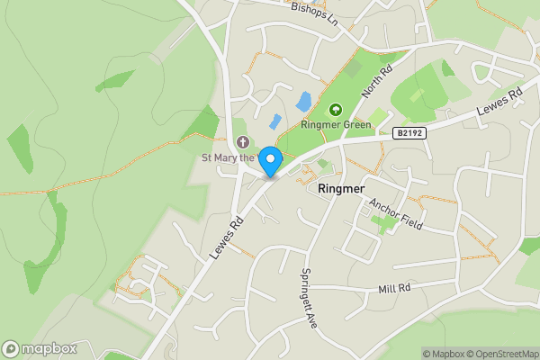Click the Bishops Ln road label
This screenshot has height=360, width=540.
[314, 12]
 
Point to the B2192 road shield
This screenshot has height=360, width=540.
[409, 132]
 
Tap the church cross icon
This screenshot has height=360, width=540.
[243, 142]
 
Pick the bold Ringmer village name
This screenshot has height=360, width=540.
[342, 190]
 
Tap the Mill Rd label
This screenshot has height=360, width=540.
[394, 288]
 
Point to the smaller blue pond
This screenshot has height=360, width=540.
[274, 121]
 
